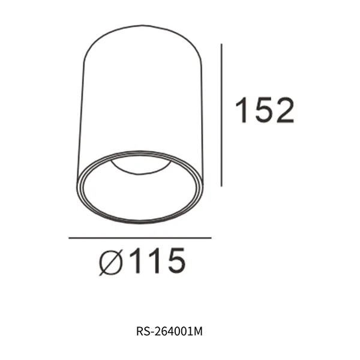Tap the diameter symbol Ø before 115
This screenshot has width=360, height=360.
pos(112,262)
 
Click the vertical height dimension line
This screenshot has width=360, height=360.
pos(223,114)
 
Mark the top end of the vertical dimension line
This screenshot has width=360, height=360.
pos(223,44)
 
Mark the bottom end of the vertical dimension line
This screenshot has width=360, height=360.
pos(223,185)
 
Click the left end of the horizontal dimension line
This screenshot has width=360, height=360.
pos(70,238)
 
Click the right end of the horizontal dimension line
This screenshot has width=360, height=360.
pos(211,238)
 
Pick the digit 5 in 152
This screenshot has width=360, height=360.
pos(264,110)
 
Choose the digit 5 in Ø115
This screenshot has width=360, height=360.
pos(172,261)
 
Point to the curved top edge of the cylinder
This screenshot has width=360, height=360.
pos(140,26)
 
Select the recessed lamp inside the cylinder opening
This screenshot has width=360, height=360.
pos(141,166)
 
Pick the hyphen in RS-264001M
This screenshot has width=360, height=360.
pos(151,331)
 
